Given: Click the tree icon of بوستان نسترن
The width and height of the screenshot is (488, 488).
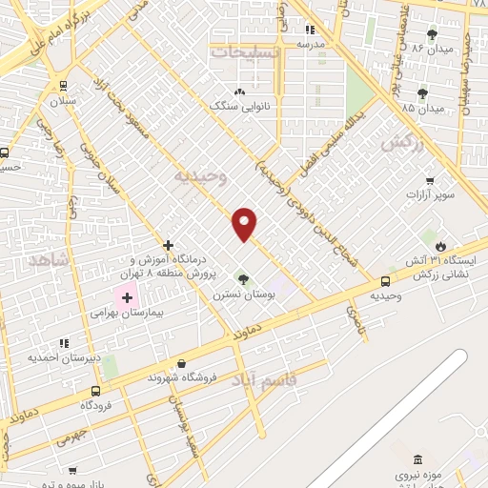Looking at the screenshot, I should [x=243, y=279].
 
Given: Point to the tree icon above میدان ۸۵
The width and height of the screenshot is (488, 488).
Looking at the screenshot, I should [x=421, y=93].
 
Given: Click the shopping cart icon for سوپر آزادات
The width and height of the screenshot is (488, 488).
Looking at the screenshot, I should [x=430, y=180].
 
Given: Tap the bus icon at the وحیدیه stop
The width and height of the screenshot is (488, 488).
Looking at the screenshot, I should [x=385, y=281].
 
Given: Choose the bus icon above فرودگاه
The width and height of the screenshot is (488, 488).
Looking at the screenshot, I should [x=95, y=391].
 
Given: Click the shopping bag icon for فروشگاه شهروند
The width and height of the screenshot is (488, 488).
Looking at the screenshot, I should [x=182, y=362].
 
